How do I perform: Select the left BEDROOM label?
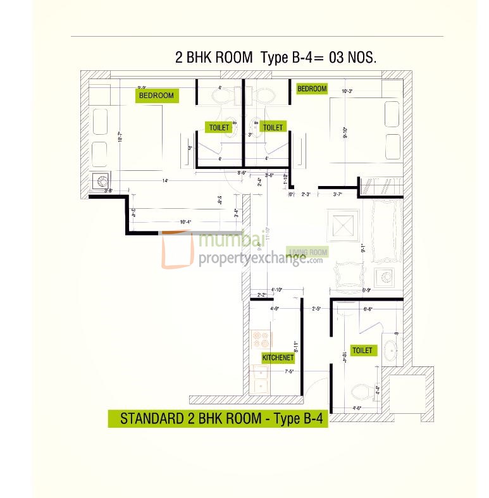coord(156,96)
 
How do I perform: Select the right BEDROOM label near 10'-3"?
coord(312,89)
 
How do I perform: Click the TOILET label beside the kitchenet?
coord(362,351)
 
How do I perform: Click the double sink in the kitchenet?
coord(260,378)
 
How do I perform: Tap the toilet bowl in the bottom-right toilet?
coord(362,392)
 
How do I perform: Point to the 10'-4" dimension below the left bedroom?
coord(186,222)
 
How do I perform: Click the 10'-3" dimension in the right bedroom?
coord(347,91)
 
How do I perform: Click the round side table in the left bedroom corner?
coord(100,181)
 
